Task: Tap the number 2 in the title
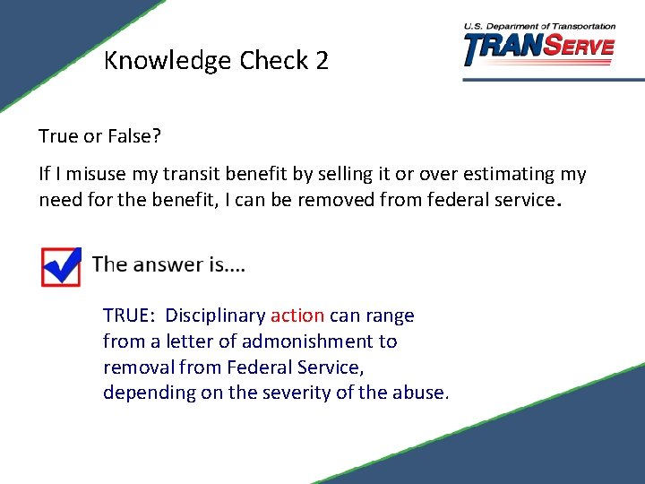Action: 322,61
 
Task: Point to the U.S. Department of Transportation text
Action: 539,26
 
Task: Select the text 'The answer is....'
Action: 168,264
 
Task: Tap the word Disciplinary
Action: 215,315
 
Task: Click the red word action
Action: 297,315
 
